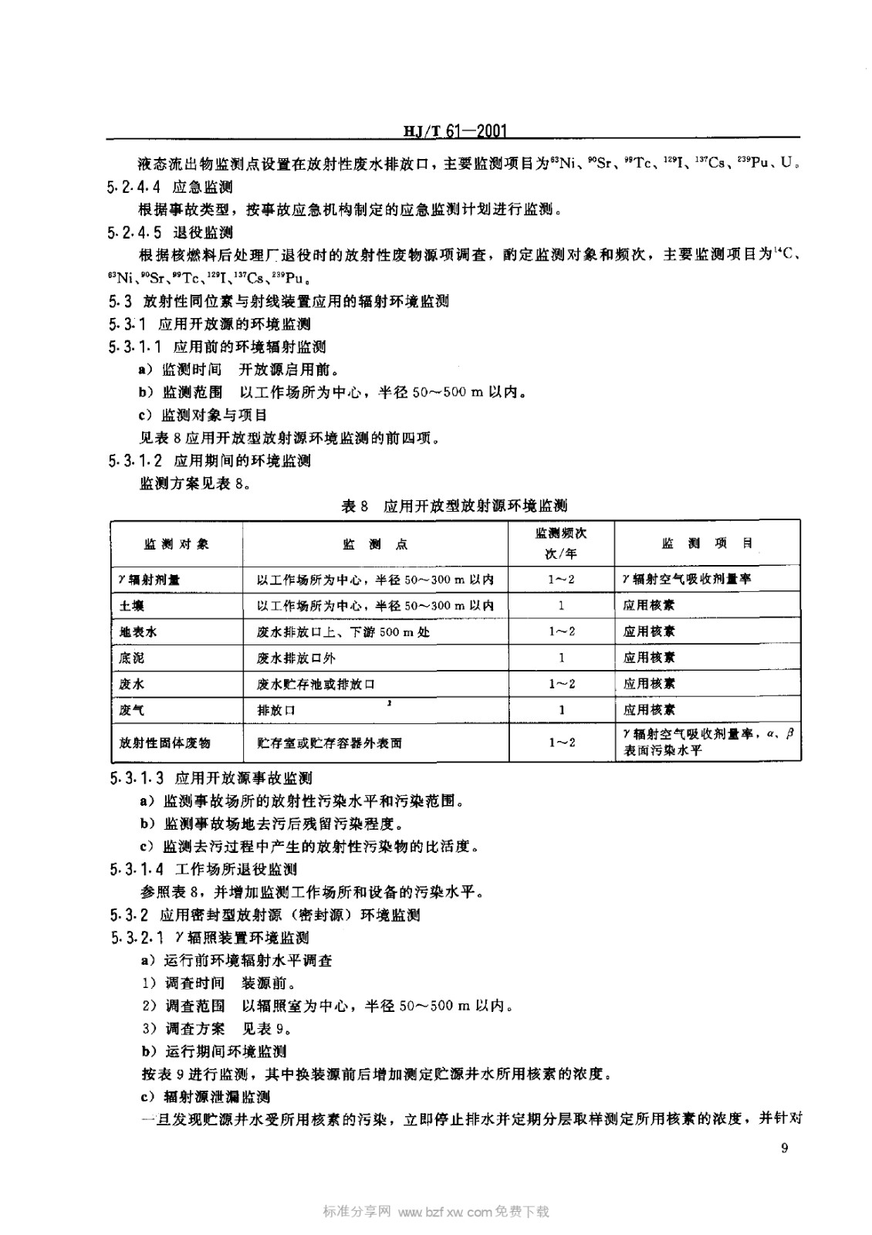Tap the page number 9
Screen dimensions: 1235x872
click(784, 1149)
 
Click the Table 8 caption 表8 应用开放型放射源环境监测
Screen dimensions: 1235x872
click(455, 506)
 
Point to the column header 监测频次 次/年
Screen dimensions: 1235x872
click(561, 543)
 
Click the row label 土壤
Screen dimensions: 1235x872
click(132, 606)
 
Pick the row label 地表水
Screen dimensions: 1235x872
click(138, 632)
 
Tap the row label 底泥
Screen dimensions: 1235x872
click(132, 658)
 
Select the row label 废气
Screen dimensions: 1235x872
click(132, 710)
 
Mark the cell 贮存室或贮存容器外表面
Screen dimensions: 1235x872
click(330, 743)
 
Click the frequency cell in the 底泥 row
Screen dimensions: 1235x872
click(561, 658)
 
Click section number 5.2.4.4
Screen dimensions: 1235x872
click(136, 187)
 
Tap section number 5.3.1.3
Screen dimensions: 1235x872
click(137, 778)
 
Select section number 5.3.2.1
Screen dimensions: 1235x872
click(137, 938)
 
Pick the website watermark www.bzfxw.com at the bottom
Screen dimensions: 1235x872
click(445, 1211)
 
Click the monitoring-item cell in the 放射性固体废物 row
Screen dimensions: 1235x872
click(707, 743)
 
